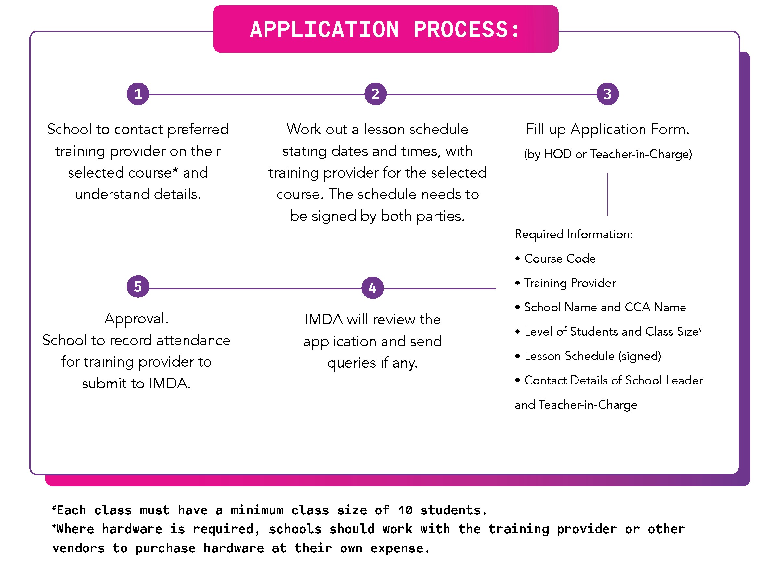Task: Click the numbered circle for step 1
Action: [138, 94]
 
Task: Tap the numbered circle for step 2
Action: [375, 94]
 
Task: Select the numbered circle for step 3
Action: [607, 94]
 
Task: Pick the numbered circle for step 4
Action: [373, 288]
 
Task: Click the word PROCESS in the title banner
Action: [460, 30]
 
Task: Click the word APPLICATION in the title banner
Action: [324, 30]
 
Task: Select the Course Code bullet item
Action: [560, 259]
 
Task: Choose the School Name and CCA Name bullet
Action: [604, 308]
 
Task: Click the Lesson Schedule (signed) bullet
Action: [592, 356]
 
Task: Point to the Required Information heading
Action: [573, 234]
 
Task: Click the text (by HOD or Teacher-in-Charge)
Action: [608, 154]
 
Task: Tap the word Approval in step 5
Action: [136, 319]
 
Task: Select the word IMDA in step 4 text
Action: [323, 320]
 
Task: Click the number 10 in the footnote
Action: [405, 511]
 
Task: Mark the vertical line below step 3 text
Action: [608, 194]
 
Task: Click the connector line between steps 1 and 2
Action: [256, 95]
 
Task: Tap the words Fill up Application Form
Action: [607, 129]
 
